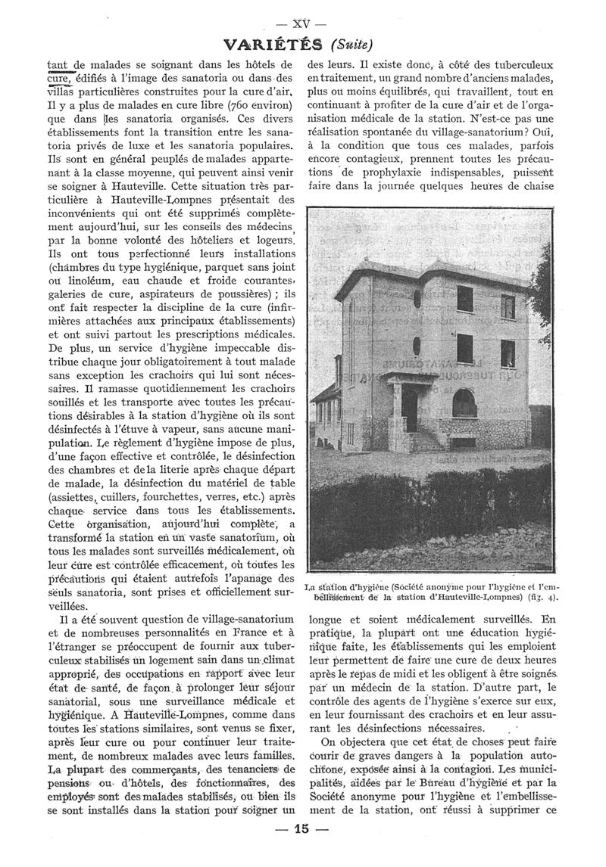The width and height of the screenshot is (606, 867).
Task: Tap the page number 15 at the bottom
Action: click(301, 850)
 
